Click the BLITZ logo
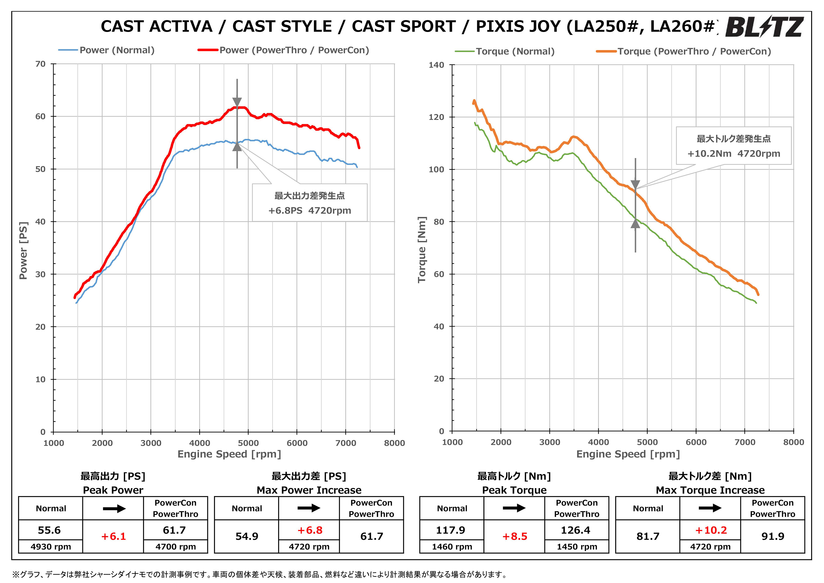click(764, 27)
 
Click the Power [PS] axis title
click(23, 250)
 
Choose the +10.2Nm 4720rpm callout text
click(734, 154)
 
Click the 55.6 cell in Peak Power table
click(50, 530)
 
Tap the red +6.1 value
click(114, 537)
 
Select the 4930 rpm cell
click(51, 547)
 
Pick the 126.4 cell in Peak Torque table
click(576, 530)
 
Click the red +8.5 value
click(515, 537)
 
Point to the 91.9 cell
click(773, 536)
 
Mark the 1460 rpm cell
click(452, 547)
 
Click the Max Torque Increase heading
click(710, 490)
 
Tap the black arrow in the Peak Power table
click(114, 509)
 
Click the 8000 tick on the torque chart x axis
click(794, 442)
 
